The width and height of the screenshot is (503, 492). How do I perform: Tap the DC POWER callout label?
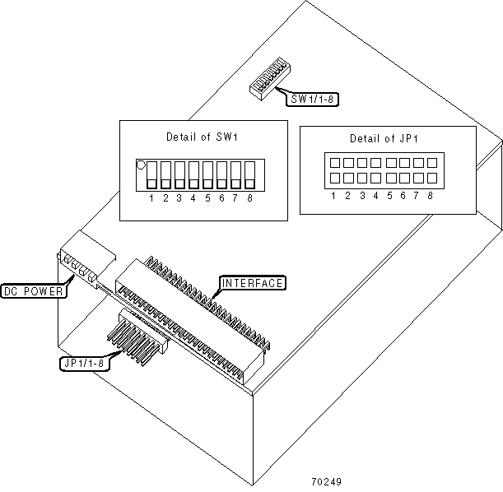34,290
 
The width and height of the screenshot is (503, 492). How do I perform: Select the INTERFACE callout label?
252,284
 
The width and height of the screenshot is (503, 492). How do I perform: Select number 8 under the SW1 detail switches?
249,198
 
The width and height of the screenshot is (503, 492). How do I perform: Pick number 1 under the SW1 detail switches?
151,198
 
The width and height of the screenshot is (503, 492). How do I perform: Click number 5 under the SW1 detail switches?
207,198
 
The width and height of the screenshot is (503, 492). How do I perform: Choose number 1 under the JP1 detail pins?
333,196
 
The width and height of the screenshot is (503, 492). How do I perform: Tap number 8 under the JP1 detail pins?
431,196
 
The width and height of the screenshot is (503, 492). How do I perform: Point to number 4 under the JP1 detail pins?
375,196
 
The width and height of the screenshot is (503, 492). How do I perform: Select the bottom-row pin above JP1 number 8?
431,178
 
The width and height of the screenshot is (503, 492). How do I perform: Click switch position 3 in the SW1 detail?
179,174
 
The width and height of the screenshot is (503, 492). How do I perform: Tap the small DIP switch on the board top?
266,85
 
